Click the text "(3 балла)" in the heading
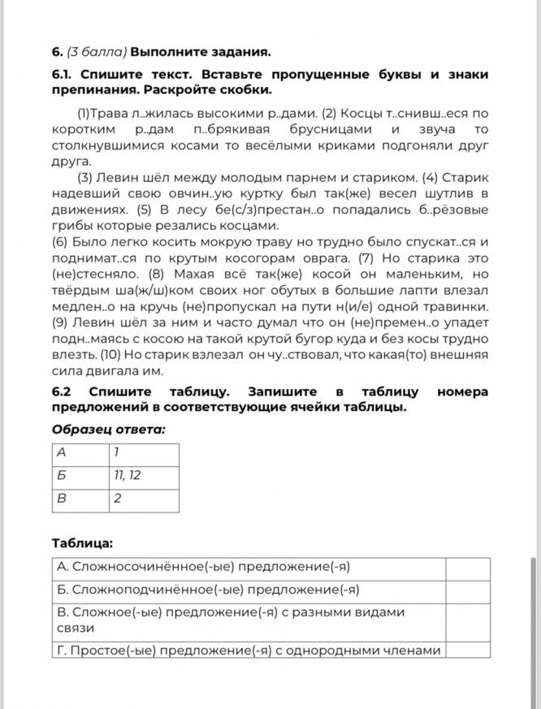click(x=97, y=52)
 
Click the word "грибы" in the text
click(x=71, y=226)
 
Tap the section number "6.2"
click(x=64, y=391)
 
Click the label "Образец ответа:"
click(x=108, y=429)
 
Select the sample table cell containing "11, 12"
click(x=143, y=477)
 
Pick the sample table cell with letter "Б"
click(x=80, y=477)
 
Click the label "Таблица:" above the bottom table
click(x=83, y=543)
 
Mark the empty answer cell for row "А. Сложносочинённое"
click(x=468, y=568)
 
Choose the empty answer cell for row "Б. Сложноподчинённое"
click(x=468, y=591)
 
